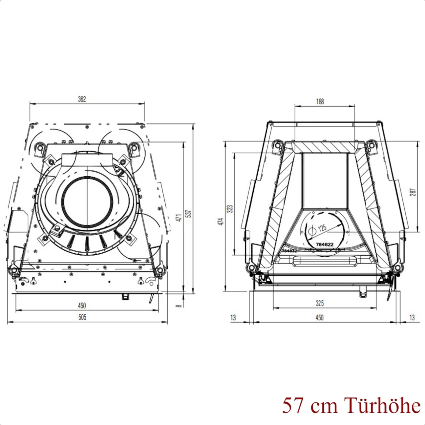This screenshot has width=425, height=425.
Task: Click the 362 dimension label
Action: click(x=82, y=99)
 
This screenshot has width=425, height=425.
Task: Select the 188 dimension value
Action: click(x=320, y=102)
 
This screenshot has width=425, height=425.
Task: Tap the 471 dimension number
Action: click(x=180, y=217)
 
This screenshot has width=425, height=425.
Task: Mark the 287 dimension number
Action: click(x=413, y=192)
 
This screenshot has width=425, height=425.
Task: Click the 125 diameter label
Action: click(x=322, y=228)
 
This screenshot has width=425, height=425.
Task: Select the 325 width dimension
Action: click(x=319, y=303)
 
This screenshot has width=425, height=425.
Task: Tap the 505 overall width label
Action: click(x=82, y=317)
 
